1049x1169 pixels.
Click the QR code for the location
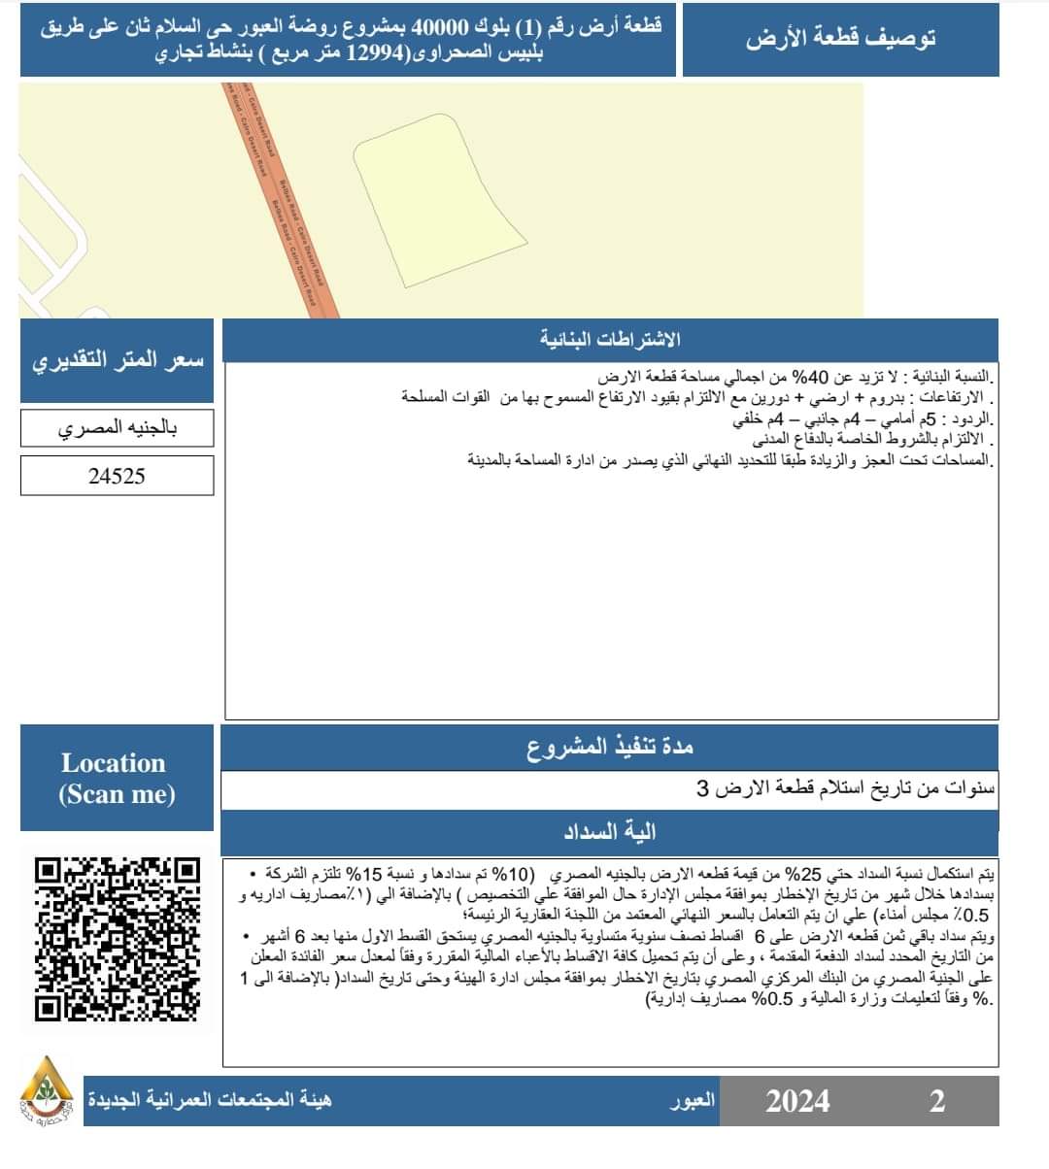click(x=117, y=938)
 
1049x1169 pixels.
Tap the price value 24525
click(x=117, y=477)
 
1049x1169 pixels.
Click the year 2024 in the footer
click(x=797, y=1101)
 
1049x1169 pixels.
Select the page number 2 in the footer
click(x=936, y=1101)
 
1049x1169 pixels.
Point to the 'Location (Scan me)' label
click(x=117, y=778)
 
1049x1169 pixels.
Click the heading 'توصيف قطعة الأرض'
click(x=840, y=40)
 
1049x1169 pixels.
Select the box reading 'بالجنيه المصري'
click(x=117, y=428)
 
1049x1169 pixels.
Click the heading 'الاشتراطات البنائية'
click(x=610, y=340)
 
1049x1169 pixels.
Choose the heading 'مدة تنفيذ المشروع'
click(x=610, y=748)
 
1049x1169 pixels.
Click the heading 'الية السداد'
click(x=610, y=832)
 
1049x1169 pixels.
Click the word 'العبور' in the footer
click(x=693, y=1101)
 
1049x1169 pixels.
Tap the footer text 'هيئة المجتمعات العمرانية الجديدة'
click(x=210, y=1101)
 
